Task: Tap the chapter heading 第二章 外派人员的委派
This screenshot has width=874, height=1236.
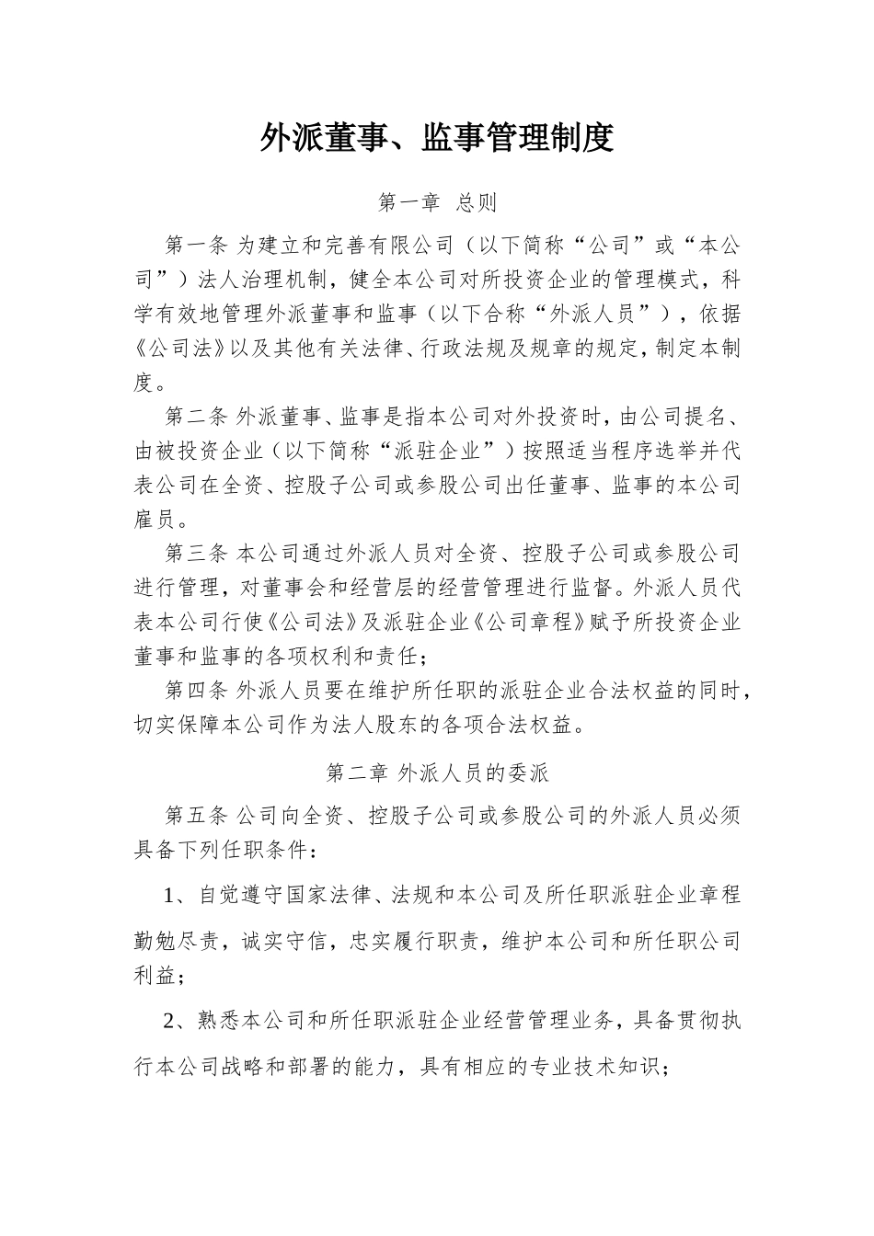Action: pos(437,772)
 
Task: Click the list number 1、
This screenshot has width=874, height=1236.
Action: pos(177,895)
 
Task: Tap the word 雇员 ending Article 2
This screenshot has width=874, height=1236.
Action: pos(154,520)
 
